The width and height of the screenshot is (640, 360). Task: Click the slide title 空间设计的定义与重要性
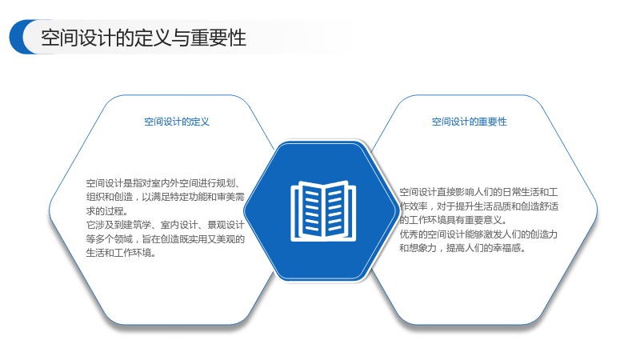pos(143,38)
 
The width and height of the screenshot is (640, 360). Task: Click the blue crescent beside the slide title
pos(18,37)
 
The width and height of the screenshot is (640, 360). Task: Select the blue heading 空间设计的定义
pos(177,122)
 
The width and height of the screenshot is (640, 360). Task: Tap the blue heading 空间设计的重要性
pos(470,122)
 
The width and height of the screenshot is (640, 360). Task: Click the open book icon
pos(323,210)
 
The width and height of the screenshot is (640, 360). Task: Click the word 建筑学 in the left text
pos(133,225)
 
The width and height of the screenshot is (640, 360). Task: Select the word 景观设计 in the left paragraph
pos(226,225)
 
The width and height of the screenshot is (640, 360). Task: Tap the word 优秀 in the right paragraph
pos(409,234)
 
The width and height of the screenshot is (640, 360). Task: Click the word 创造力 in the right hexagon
pos(544,234)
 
